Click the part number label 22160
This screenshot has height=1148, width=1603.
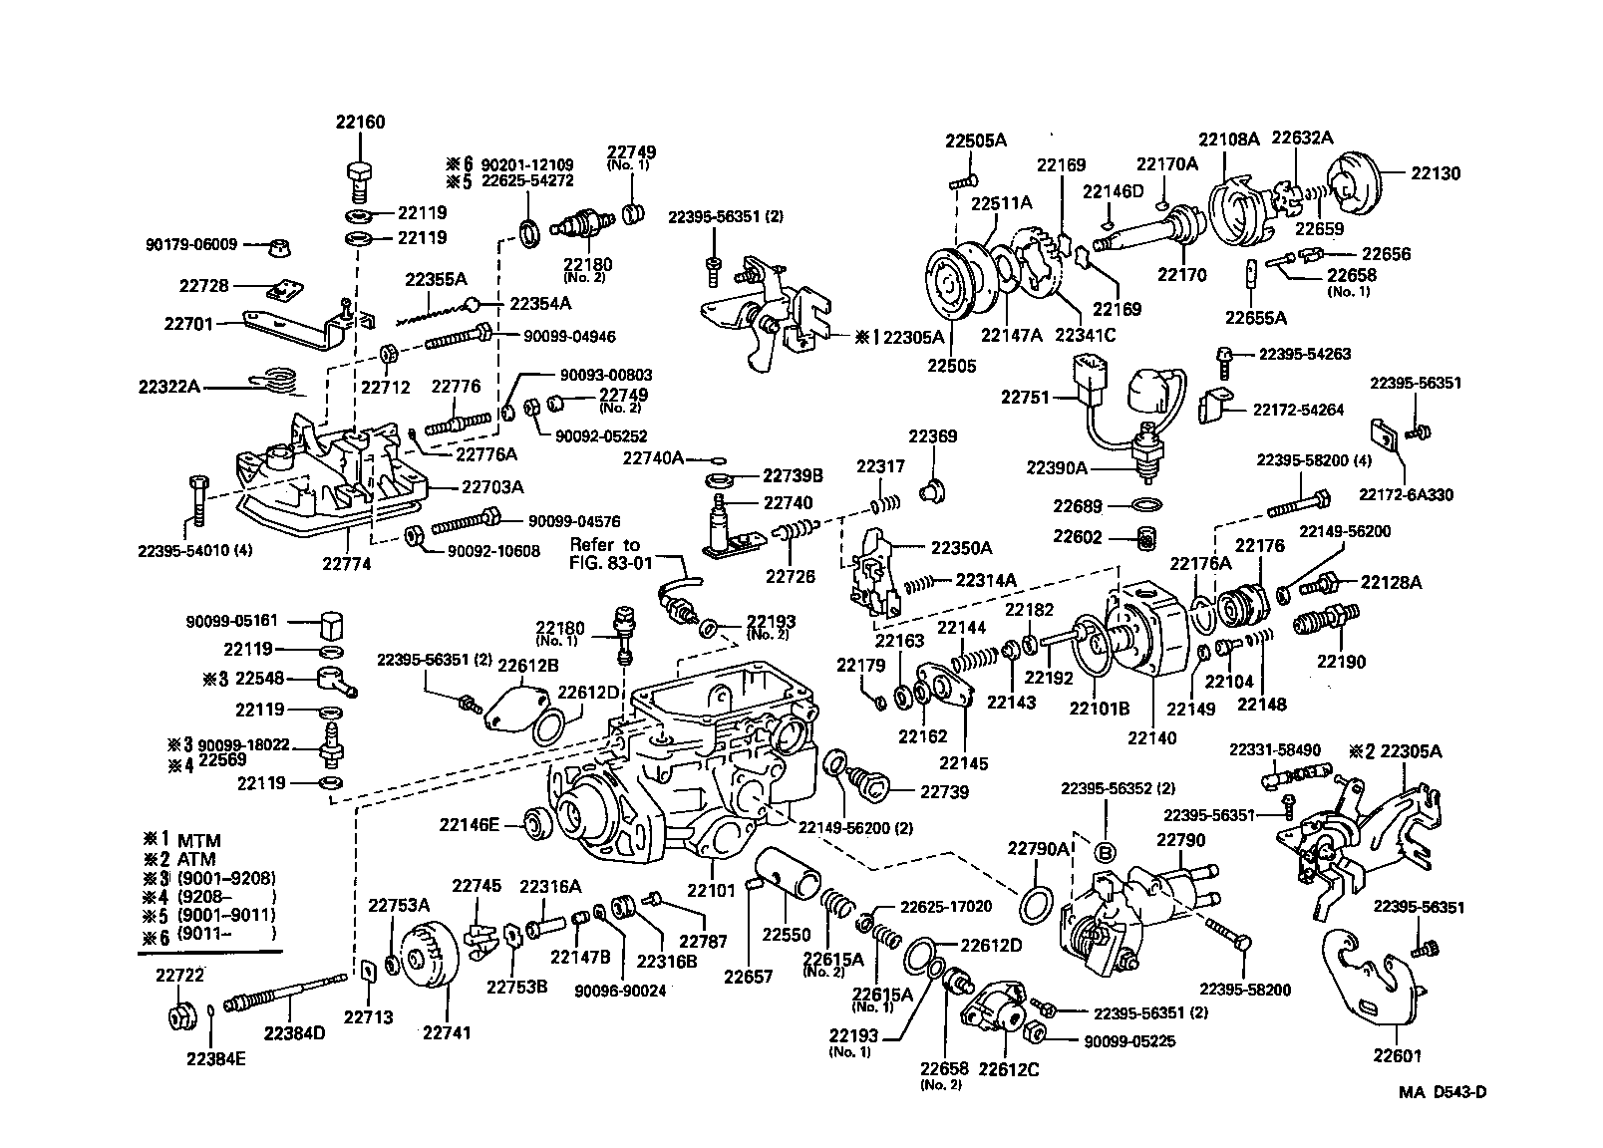360,123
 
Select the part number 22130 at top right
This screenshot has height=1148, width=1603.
1435,173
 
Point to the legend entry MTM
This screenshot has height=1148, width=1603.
198,840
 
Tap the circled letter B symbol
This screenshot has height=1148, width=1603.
1105,852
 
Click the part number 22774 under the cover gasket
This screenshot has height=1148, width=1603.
345,562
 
